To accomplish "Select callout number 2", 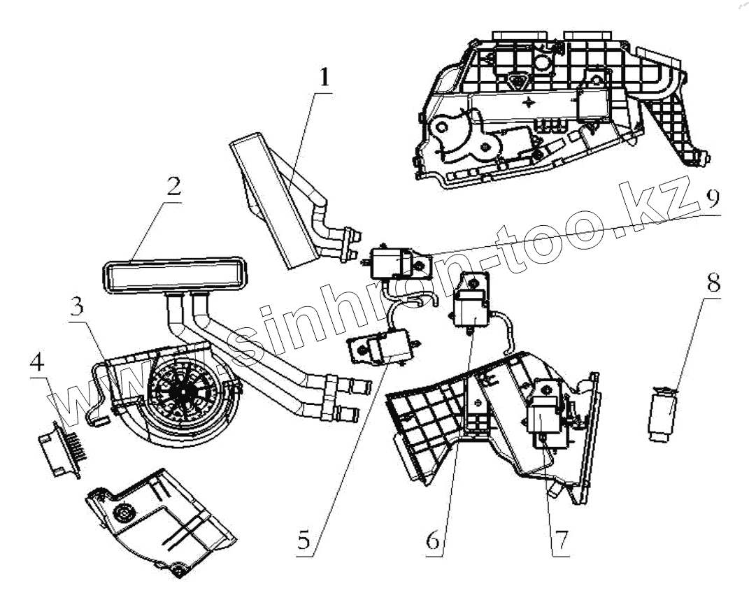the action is click(173, 187).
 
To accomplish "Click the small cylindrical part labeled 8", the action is click(662, 417).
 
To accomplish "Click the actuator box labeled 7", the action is click(547, 417).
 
